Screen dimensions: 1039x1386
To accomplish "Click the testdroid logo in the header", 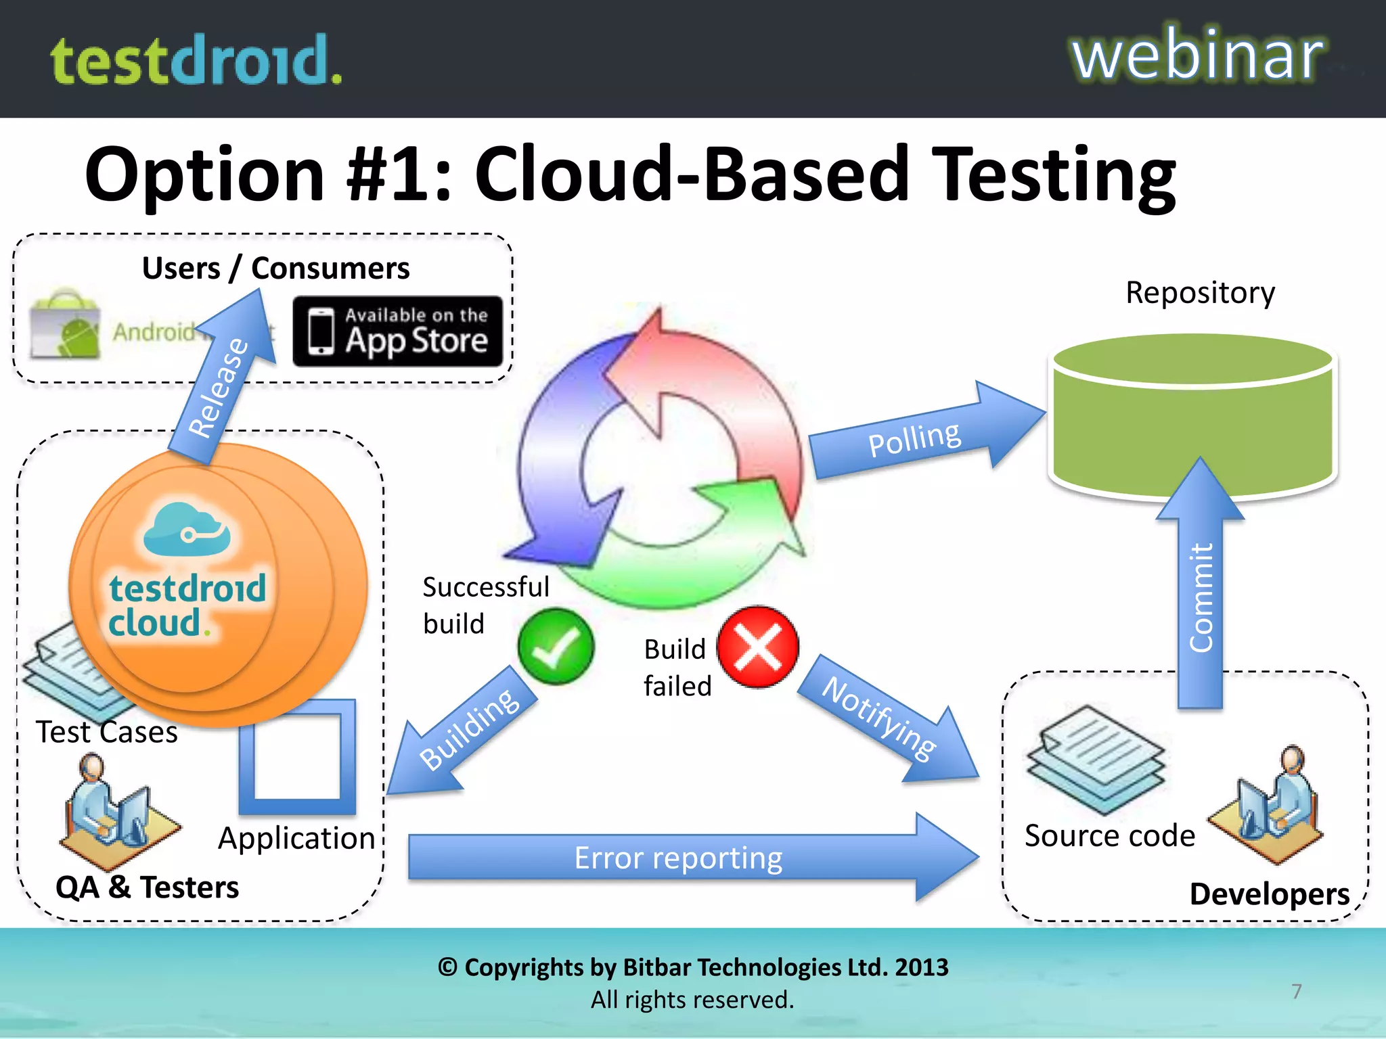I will (x=196, y=61).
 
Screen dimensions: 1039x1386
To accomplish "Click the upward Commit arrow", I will (x=1200, y=588).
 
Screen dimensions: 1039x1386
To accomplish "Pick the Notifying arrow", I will (x=887, y=720).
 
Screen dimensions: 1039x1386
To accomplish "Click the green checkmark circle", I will (x=556, y=647).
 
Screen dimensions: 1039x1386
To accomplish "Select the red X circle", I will (x=757, y=647).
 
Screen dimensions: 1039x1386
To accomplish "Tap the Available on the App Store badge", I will (x=398, y=331).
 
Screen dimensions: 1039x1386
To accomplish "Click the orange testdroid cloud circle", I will (x=217, y=585).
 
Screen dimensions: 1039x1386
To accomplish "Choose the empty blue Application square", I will (x=298, y=758).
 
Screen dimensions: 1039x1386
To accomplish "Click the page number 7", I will (x=1296, y=991).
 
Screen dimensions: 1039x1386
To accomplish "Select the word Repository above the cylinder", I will (x=1200, y=292).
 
